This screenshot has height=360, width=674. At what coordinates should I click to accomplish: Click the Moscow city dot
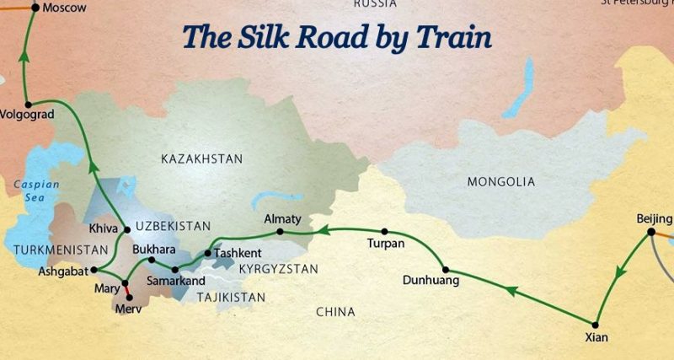(35, 7)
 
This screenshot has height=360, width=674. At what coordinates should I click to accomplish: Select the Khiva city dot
(126, 229)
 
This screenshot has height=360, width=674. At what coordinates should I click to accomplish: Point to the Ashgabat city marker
(93, 270)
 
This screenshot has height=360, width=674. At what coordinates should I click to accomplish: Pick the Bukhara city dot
(152, 260)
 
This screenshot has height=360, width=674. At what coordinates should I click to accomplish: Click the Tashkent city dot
(208, 252)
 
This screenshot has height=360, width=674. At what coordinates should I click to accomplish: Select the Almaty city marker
(280, 231)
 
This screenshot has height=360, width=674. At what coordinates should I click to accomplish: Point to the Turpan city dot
(384, 231)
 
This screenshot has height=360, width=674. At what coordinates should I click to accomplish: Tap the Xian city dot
(596, 325)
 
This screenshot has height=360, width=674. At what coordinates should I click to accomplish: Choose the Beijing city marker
(652, 234)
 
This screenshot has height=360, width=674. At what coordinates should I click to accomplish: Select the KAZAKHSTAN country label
(201, 159)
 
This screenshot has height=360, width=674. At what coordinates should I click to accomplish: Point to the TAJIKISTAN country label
(230, 297)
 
